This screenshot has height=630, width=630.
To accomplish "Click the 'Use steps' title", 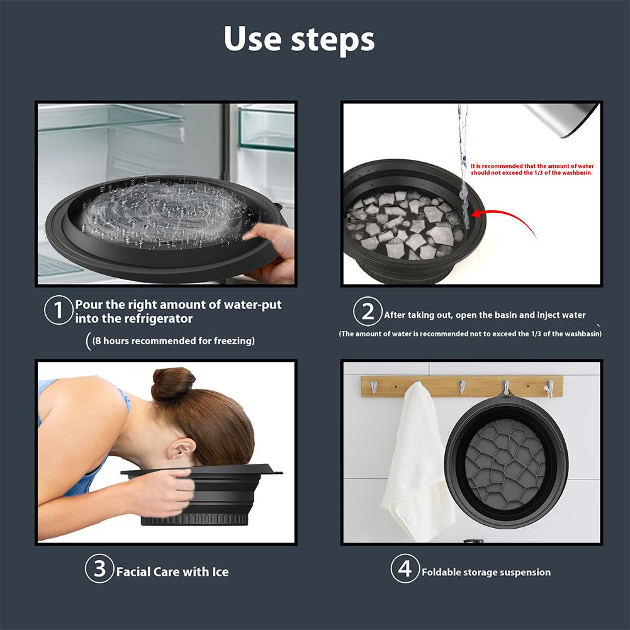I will click(x=299, y=39).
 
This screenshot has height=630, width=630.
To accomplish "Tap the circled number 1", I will click(x=58, y=312).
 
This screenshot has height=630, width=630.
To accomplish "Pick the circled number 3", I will click(x=99, y=570).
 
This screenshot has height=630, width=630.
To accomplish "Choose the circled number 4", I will click(x=405, y=570).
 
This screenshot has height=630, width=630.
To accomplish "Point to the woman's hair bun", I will click(x=172, y=383).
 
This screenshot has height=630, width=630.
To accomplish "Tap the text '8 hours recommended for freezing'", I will click(x=173, y=340).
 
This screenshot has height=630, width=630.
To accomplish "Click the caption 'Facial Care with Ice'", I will click(x=172, y=572).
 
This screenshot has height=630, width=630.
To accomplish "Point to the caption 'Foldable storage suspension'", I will click(x=486, y=572).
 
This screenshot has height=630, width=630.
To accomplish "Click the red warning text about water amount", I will click(x=532, y=168).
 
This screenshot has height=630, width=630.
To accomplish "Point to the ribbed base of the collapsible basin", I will click(x=195, y=520).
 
